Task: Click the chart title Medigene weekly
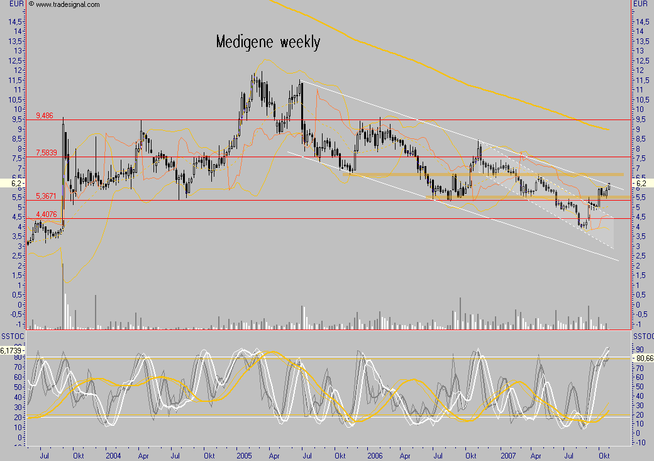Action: [x=268, y=42]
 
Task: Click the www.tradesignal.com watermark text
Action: [x=67, y=4]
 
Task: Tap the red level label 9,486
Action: [x=45, y=116]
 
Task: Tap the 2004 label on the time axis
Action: [x=114, y=454]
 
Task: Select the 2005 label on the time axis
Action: [x=244, y=454]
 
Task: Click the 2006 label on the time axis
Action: [x=375, y=454]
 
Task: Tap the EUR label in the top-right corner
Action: [x=640, y=4]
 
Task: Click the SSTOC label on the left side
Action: [x=12, y=335]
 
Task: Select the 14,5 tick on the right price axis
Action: [x=641, y=21]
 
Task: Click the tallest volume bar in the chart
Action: [x=63, y=296]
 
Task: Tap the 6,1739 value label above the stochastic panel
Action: [x=13, y=350]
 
